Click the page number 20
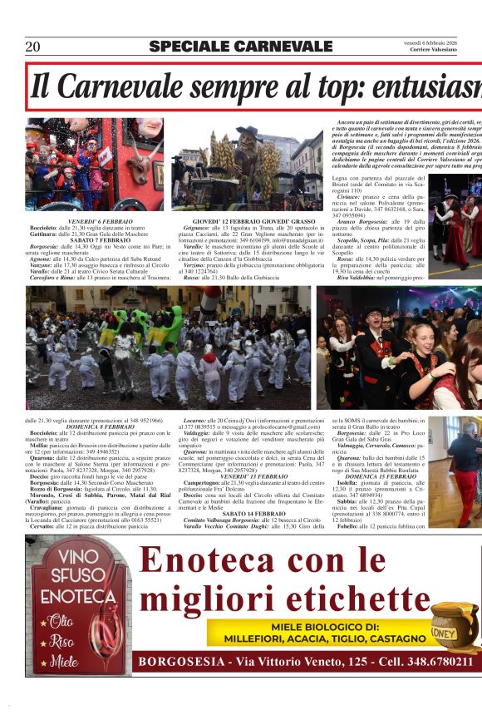point(33,47)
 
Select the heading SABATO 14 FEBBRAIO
point(243,513)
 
